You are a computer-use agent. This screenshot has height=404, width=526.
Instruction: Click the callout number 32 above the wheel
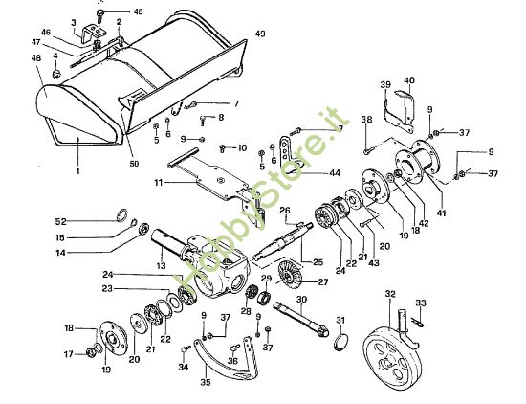coord(389,294)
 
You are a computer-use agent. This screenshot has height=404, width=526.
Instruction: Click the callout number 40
coord(409,80)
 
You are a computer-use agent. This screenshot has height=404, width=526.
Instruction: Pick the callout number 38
coord(365,120)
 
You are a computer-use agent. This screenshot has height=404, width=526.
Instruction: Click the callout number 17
coord(68,353)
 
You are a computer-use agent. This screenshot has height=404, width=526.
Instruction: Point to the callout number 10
coord(242,147)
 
